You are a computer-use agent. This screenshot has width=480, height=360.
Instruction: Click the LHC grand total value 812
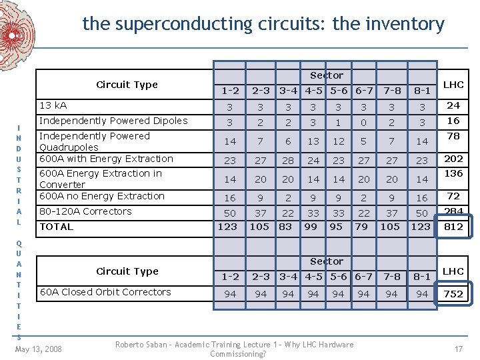click(453, 227)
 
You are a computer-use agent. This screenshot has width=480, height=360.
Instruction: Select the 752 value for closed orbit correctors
click(453, 294)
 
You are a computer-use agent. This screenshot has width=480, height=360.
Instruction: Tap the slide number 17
click(459, 349)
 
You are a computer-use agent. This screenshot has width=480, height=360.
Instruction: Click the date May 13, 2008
click(38, 349)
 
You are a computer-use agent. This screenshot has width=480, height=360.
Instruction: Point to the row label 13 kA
click(53, 105)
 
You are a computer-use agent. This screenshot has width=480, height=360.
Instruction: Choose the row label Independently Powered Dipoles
click(113, 121)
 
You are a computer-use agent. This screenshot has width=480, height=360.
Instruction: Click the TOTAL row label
click(56, 227)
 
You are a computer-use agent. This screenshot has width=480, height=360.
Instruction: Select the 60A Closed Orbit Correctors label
click(105, 292)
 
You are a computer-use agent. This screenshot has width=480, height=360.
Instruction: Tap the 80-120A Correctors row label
click(85, 211)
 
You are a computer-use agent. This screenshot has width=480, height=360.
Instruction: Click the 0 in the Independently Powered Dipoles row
click(363, 123)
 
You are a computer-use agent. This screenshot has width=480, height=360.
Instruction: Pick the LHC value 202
click(453, 159)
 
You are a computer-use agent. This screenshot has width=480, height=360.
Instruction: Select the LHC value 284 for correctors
click(453, 211)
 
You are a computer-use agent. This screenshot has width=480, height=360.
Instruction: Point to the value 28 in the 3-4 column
click(287, 160)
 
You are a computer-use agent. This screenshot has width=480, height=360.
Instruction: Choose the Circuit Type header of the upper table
click(127, 85)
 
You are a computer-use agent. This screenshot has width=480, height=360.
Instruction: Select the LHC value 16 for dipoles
click(453, 121)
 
